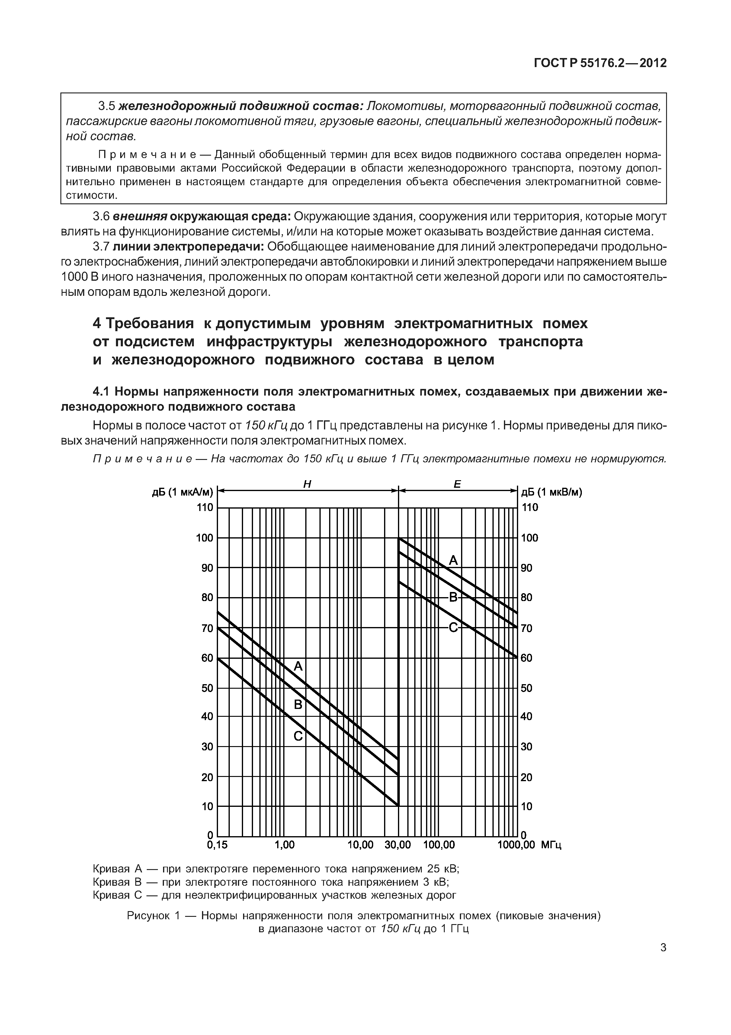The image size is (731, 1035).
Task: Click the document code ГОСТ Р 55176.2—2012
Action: [600, 63]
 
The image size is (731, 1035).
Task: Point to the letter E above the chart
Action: [457, 484]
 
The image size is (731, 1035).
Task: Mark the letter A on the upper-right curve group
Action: [453, 560]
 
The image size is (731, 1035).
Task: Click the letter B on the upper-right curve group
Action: [453, 598]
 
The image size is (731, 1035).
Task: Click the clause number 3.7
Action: [101, 247]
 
